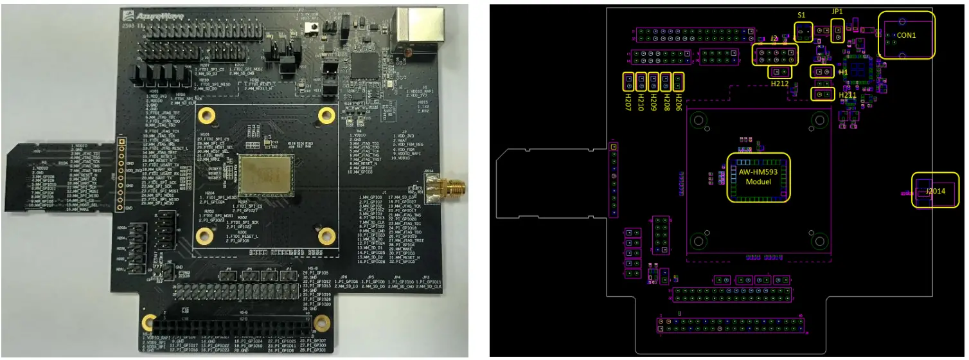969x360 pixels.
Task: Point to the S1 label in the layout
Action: click(x=801, y=15)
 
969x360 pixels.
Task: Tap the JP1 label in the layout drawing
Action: click(x=837, y=11)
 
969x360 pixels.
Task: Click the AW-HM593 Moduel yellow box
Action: click(x=758, y=177)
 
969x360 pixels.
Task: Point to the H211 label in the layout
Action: click(x=849, y=96)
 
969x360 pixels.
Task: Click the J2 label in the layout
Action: click(x=774, y=40)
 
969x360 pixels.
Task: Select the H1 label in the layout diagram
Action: click(x=843, y=73)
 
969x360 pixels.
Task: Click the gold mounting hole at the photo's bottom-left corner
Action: click(x=150, y=323)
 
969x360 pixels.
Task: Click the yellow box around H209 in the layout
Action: click(x=653, y=82)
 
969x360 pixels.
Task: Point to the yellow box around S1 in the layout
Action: click(x=802, y=31)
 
